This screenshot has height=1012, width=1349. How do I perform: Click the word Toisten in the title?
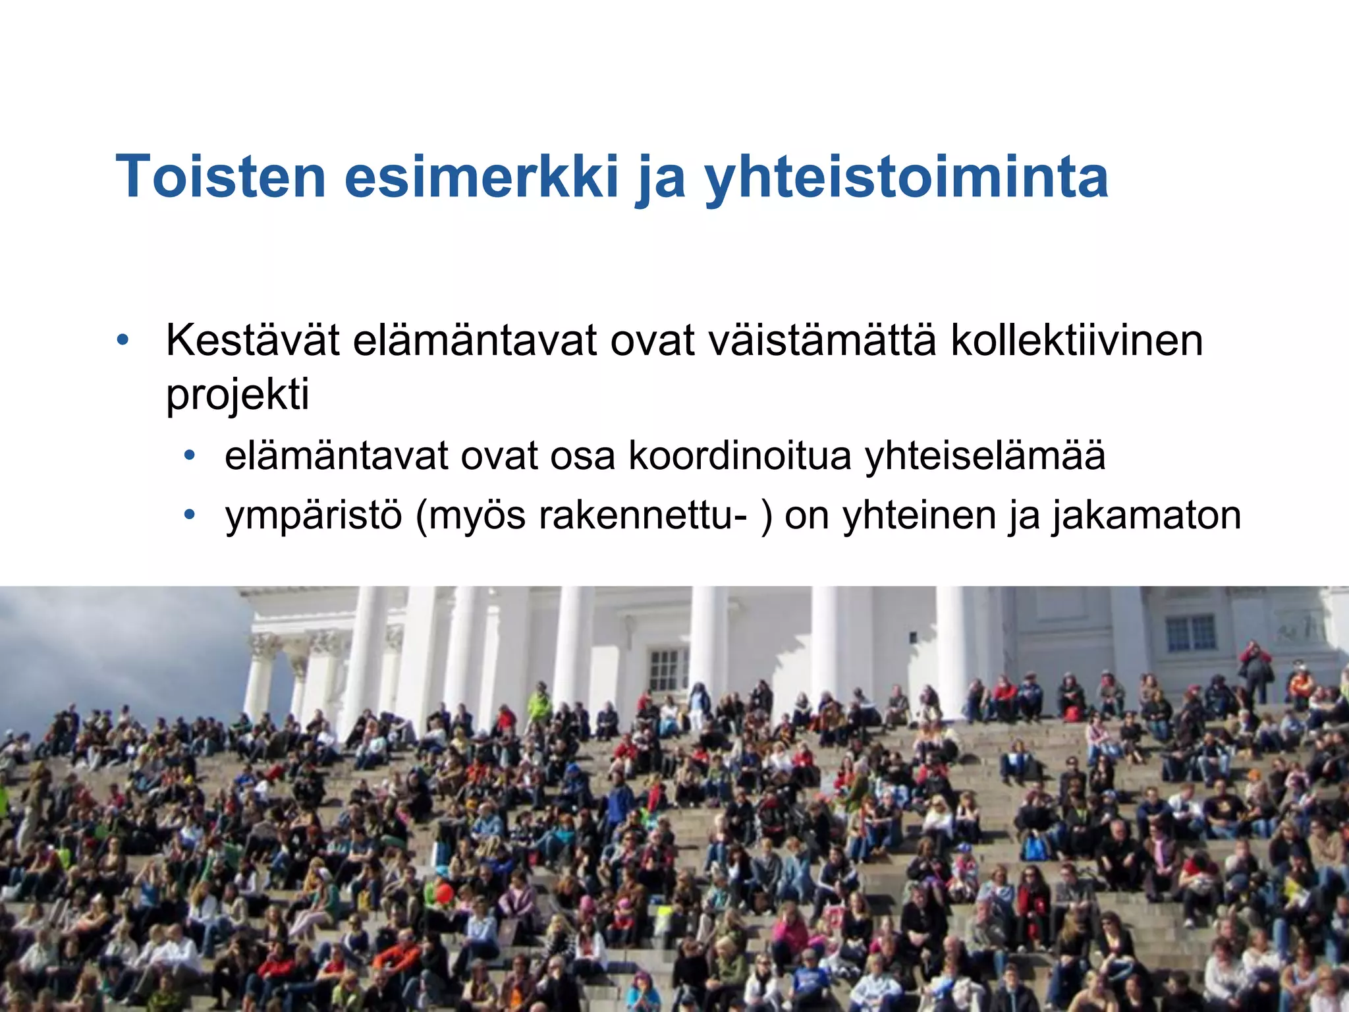[x=221, y=177]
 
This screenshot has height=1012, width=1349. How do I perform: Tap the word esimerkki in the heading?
[x=482, y=177]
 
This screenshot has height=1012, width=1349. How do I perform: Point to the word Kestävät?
[x=252, y=341]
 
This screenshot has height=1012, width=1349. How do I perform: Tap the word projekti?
[x=237, y=395]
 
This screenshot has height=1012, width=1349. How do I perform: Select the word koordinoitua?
[x=740, y=455]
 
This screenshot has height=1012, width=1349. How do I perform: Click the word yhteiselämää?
[x=985, y=457]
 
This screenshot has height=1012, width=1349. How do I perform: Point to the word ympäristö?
[x=314, y=516]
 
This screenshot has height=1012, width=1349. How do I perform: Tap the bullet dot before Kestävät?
[x=123, y=341]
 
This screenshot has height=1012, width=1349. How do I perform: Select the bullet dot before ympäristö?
[x=190, y=514]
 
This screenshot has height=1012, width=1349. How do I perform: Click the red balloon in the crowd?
[x=445, y=893]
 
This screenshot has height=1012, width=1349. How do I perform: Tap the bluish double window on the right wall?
[x=1191, y=633]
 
